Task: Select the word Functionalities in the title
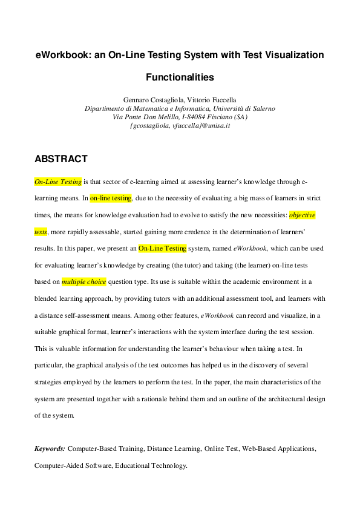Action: click(x=180, y=77)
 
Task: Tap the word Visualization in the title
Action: click(x=290, y=55)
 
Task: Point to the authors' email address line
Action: click(x=180, y=125)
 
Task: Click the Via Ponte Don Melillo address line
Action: click(x=180, y=117)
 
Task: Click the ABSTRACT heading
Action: click(x=61, y=159)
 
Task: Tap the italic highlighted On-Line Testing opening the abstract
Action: click(x=58, y=182)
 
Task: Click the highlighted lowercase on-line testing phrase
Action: click(x=111, y=198)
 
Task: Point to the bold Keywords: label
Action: click(x=50, y=449)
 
